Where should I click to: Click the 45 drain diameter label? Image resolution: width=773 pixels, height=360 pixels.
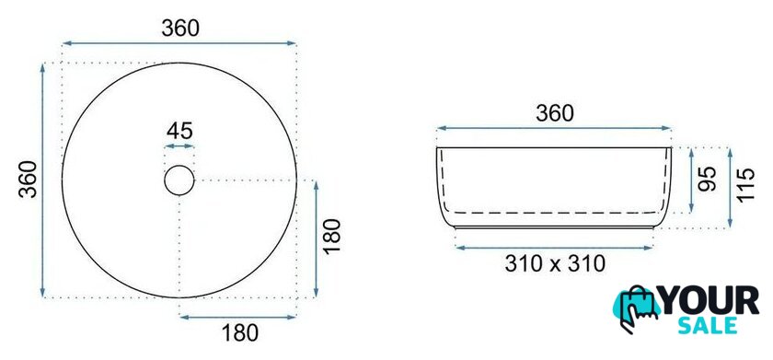[179, 131]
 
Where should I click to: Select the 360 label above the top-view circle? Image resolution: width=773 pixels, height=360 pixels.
[180, 29]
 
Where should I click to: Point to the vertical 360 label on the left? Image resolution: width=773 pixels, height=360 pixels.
[29, 180]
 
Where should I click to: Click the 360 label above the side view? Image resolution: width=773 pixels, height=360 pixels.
[555, 114]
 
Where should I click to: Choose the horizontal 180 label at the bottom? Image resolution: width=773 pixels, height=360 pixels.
[239, 334]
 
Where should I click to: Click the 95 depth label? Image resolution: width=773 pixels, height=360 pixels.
[706, 179]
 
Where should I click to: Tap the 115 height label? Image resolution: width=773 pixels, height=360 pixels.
[746, 184]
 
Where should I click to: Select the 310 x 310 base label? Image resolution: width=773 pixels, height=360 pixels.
[555, 264]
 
